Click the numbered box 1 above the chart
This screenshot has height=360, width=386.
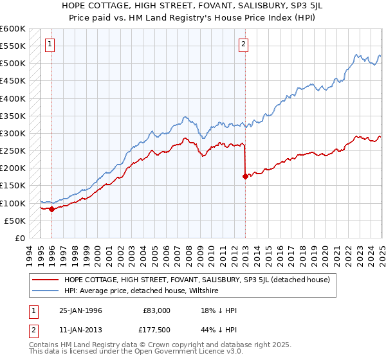pyautogui.click(x=50, y=44)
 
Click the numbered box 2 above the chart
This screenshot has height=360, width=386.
pyautogui.click(x=244, y=44)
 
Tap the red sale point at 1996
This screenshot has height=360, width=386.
pyautogui.click(x=51, y=208)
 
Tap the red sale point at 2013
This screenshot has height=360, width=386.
pyautogui.click(x=245, y=175)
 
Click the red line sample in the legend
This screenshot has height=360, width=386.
pyautogui.click(x=44, y=280)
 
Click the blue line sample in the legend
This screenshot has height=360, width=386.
pyautogui.click(x=44, y=291)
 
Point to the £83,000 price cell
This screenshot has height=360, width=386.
pyautogui.click(x=157, y=310)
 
